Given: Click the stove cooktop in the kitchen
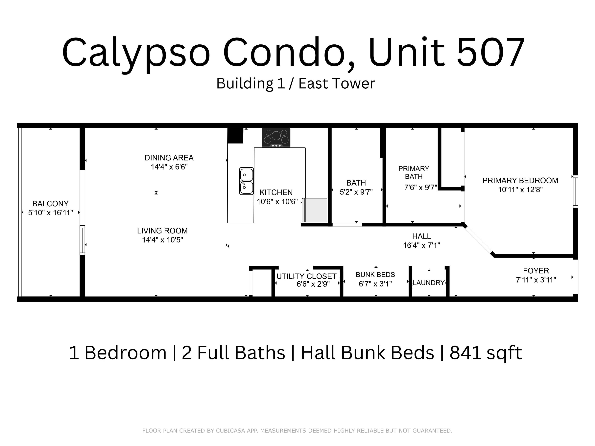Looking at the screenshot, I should coord(276,137).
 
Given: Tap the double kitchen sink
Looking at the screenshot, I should coord(246,181).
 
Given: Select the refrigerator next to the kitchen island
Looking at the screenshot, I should coord(315,210).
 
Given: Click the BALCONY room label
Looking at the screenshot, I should coord(50,204).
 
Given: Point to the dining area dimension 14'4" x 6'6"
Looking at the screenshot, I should coord(169,167).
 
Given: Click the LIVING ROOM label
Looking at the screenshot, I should coord(162,231).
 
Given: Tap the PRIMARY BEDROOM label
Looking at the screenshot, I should coord(520,180).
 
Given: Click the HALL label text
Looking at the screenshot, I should coord(421,236).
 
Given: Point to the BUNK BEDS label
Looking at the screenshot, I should coord(375,275).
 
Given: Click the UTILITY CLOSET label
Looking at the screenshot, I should coord(306,276).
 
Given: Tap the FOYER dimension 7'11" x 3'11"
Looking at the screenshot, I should coord(535,280).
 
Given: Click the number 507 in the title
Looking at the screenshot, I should coord(490,52).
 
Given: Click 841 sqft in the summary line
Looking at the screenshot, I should coord(486,353).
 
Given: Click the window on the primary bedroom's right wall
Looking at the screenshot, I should coord(575,191).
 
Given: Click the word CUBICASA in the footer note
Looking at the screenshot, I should coord(230,431).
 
